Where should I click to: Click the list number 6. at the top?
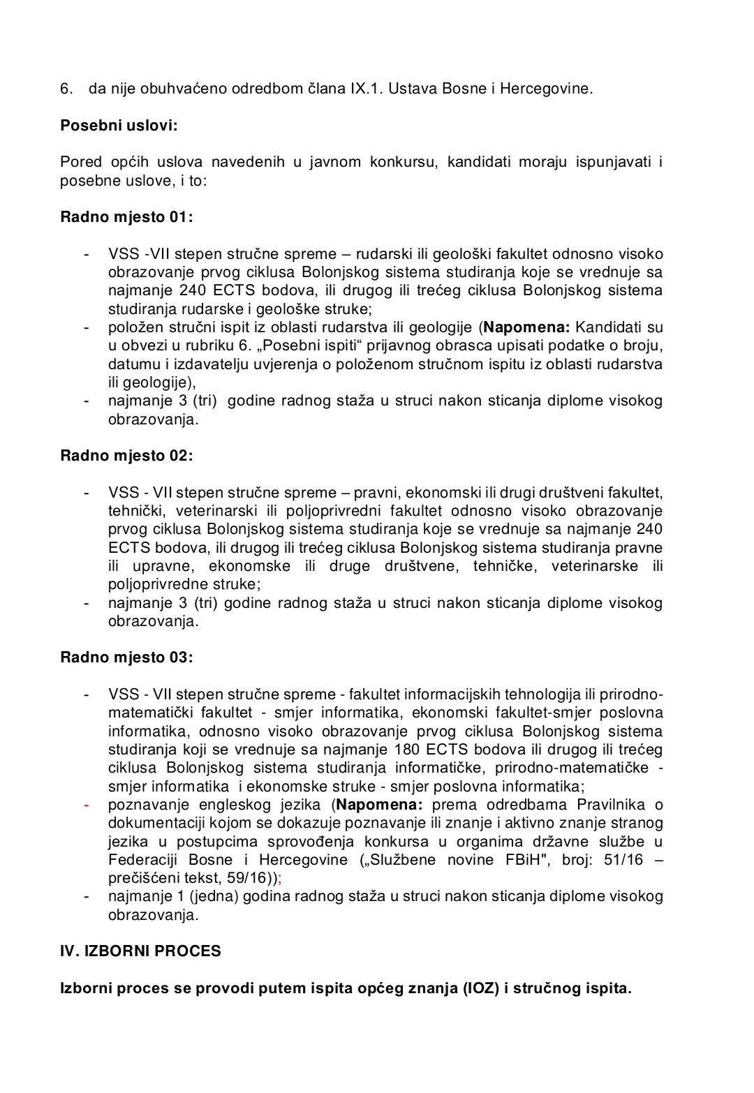point(66,89)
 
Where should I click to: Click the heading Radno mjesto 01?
point(126,217)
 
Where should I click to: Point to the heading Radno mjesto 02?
point(126,456)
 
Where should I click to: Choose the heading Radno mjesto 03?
point(126,657)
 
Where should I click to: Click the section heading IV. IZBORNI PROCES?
point(140,951)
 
